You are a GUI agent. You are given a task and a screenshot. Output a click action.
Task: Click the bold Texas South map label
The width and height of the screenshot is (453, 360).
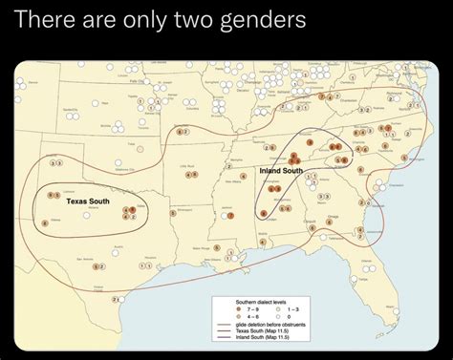click(87, 201)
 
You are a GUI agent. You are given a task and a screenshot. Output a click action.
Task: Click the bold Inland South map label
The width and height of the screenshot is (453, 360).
click(280, 170)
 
